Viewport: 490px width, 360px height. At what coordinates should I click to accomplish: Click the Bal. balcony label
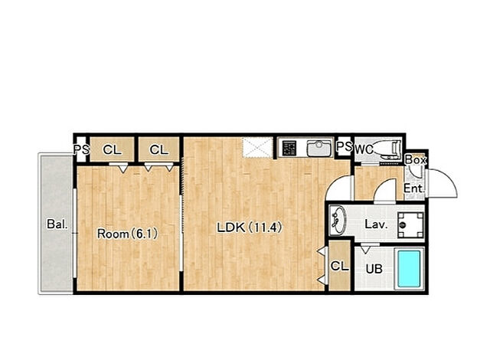pos(57,224)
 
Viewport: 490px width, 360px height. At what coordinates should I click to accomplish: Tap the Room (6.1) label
pos(128,234)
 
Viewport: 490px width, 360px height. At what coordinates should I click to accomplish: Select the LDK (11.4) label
pos(250,227)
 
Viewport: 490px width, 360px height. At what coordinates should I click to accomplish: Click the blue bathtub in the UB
pos(409,269)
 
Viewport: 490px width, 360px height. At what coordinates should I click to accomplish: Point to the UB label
pos(374,269)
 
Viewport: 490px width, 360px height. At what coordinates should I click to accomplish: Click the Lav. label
pos(376,224)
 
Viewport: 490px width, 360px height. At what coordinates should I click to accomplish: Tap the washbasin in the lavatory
pos(337,220)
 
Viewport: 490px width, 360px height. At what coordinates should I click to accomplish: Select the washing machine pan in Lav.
pos(410,224)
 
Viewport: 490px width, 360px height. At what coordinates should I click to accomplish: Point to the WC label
pos(364,149)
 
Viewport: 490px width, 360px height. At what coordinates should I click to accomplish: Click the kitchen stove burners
pos(289,148)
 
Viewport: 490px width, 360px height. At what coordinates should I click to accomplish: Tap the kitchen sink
pos(318,148)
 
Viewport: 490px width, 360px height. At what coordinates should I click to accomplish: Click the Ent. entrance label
pos(414,188)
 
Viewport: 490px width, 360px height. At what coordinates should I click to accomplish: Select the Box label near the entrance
pos(416,160)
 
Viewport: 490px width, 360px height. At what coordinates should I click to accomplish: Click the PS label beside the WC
pos(345,146)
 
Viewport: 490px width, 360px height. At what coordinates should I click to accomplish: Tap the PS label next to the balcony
pos(82,149)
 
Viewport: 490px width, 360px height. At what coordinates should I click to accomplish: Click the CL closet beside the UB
pos(340,267)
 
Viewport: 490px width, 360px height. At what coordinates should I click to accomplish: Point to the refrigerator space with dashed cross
pos(258,148)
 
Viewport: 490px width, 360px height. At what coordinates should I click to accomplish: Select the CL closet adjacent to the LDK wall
pos(158,149)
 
